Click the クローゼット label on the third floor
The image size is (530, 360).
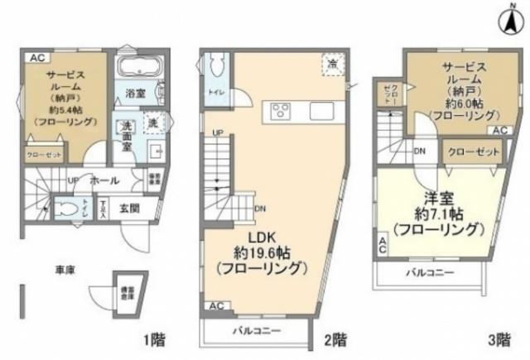473,152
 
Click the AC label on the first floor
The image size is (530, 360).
37,57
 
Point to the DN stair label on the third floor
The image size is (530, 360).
420,151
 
